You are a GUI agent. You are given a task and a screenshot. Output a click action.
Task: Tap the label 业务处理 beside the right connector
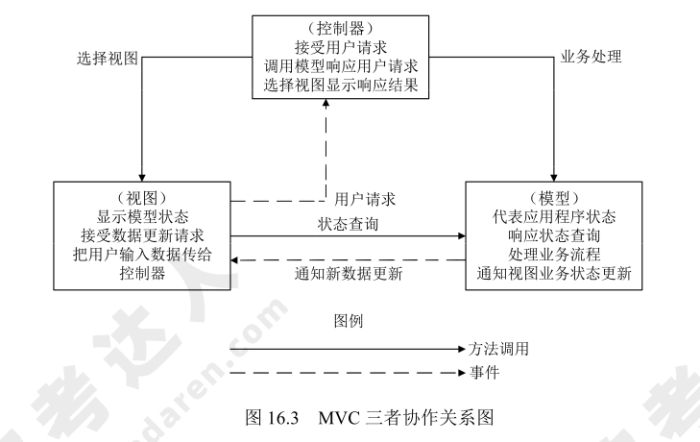(591, 57)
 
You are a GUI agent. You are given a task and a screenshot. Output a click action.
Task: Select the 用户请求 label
(366, 200)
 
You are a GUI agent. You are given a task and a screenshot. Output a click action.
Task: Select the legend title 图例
(348, 318)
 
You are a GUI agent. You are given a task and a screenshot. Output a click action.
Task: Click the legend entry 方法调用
(500, 348)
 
